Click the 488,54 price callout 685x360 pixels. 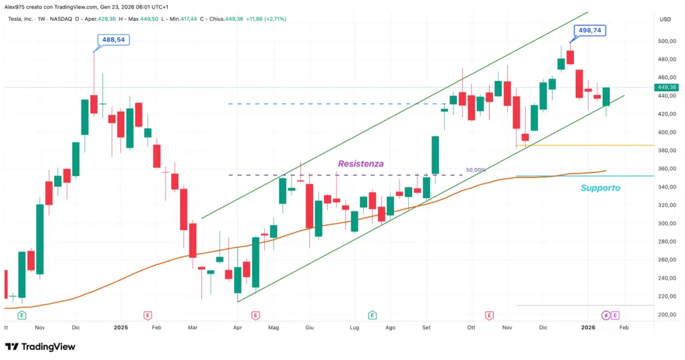point(113,40)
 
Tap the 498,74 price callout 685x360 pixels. point(589,31)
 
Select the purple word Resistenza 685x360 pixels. point(361,163)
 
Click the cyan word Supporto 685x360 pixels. point(600,188)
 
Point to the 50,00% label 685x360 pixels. point(476,170)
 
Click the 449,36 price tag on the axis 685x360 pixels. point(668,88)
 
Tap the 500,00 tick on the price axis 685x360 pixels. point(666,41)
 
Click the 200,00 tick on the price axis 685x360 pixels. point(666,314)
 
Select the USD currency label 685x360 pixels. point(665,19)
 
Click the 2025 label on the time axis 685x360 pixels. point(120,328)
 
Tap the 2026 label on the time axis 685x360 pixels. point(588,328)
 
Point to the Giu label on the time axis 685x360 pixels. point(309,328)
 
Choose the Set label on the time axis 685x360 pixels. point(426,328)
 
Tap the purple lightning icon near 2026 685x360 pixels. point(605,315)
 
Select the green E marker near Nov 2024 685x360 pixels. point(22,315)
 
